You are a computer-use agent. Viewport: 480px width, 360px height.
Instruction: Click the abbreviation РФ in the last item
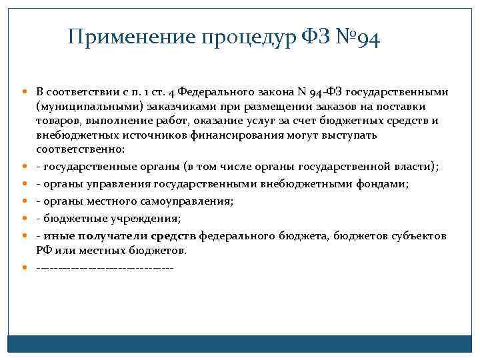point(43,251)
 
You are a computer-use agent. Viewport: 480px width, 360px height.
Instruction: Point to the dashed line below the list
point(105,268)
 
